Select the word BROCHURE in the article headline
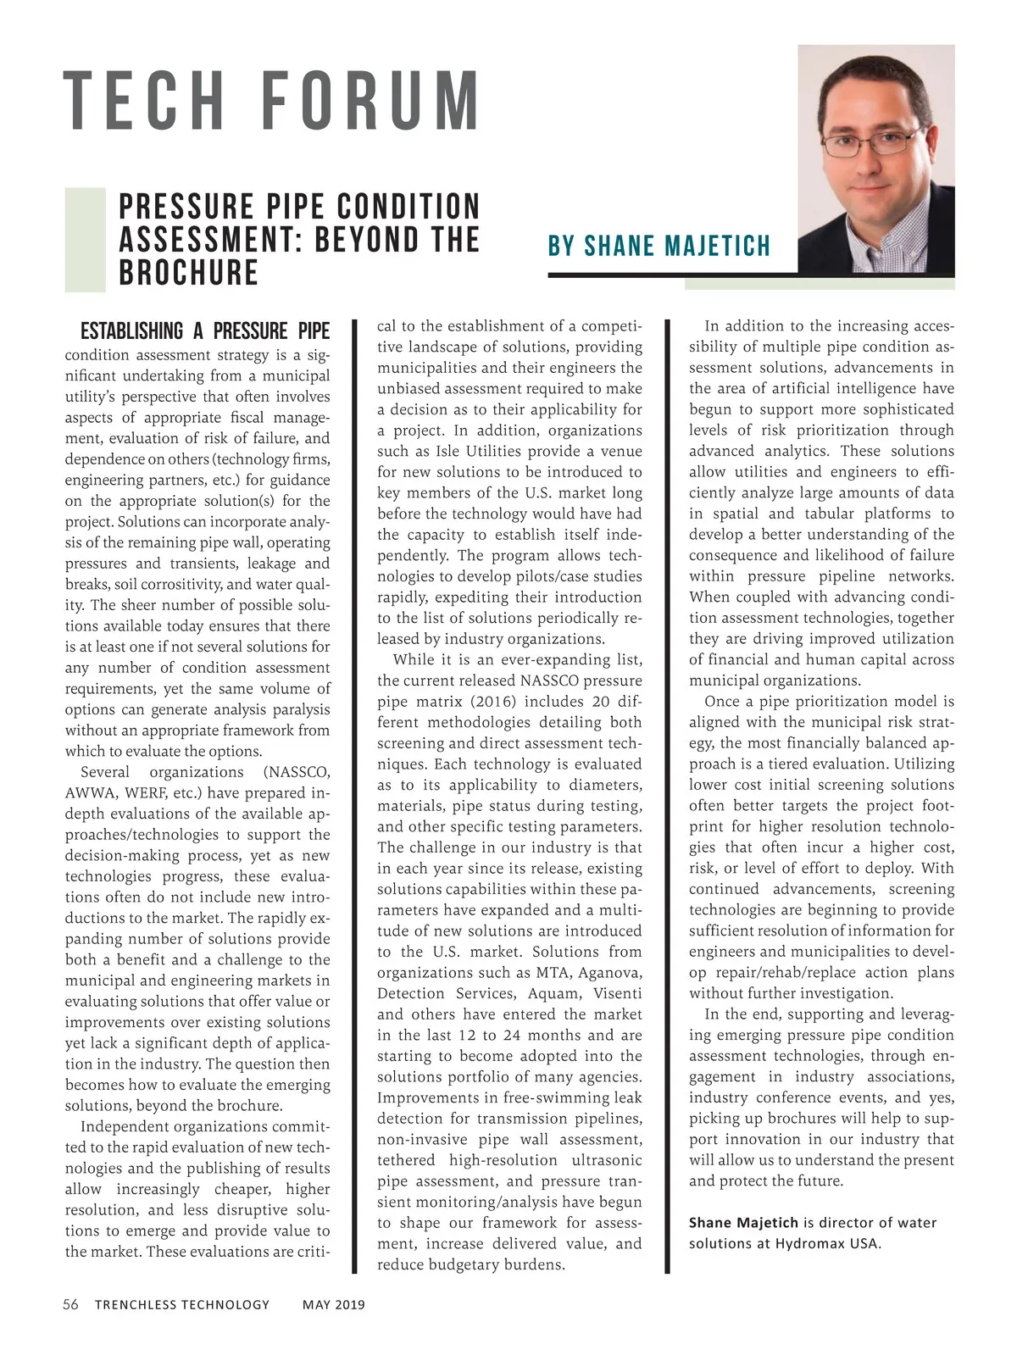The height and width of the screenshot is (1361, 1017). [188, 273]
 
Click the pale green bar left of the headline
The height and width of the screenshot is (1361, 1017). [85, 240]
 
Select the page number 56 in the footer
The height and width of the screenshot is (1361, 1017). [71, 1304]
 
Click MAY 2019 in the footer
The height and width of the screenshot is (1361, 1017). [334, 1304]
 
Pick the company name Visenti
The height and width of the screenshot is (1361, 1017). [617, 993]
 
